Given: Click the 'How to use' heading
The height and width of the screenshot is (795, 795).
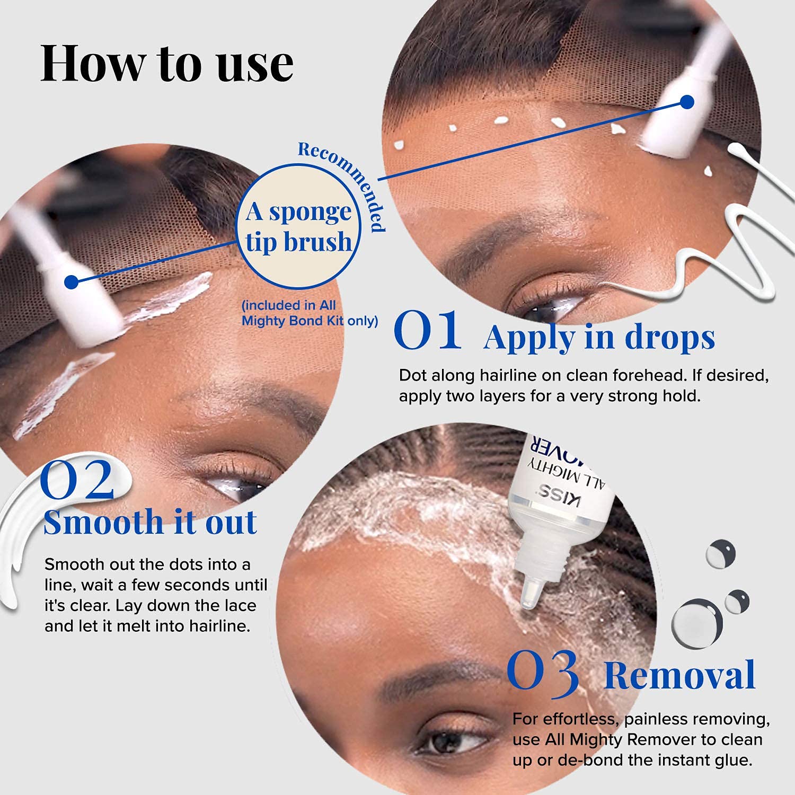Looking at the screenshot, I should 167,64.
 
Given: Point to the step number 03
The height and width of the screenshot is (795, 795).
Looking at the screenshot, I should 543,672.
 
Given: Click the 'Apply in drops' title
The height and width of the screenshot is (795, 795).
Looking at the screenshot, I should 599,337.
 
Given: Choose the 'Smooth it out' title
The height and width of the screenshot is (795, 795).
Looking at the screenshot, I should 150,522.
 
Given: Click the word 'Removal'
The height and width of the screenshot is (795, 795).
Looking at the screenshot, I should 679,675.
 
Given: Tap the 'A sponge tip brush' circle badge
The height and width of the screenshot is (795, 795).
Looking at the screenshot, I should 298,227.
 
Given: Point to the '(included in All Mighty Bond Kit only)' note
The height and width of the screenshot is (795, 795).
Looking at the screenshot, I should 310,313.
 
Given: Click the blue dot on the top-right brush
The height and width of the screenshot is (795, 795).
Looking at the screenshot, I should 687,102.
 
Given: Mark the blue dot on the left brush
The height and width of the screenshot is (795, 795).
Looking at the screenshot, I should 72,281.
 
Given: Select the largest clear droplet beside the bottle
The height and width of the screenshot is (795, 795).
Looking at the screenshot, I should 697,623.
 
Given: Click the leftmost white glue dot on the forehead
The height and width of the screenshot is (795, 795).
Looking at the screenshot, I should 399,145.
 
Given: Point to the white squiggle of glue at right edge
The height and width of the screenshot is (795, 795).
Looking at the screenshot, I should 742,233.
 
